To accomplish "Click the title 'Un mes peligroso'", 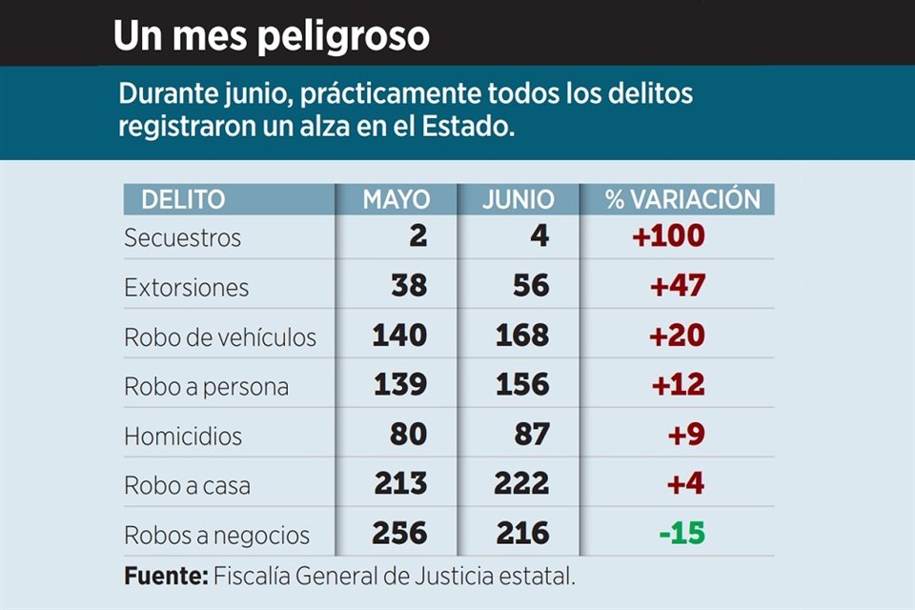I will tap(271, 36).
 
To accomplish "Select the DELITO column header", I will tap(183, 199).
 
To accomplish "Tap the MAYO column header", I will tap(396, 199).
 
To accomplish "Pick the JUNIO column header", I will tap(518, 199).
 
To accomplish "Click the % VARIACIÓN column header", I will tap(682, 199).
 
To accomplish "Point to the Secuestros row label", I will tap(182, 237).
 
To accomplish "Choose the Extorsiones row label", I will tap(186, 287).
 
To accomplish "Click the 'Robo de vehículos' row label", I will tap(220, 336).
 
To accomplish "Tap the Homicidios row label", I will tap(183, 436).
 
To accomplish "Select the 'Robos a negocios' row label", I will tap(216, 535).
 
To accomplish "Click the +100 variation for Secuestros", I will tap(668, 236).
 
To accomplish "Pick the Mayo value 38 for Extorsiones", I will tap(409, 286).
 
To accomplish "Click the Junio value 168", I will tap(521, 335).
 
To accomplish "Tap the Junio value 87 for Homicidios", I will tap(531, 435).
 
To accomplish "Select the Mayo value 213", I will tap(400, 484).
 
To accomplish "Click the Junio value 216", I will tap(521, 534).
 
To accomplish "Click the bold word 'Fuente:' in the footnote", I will tap(166, 577).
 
